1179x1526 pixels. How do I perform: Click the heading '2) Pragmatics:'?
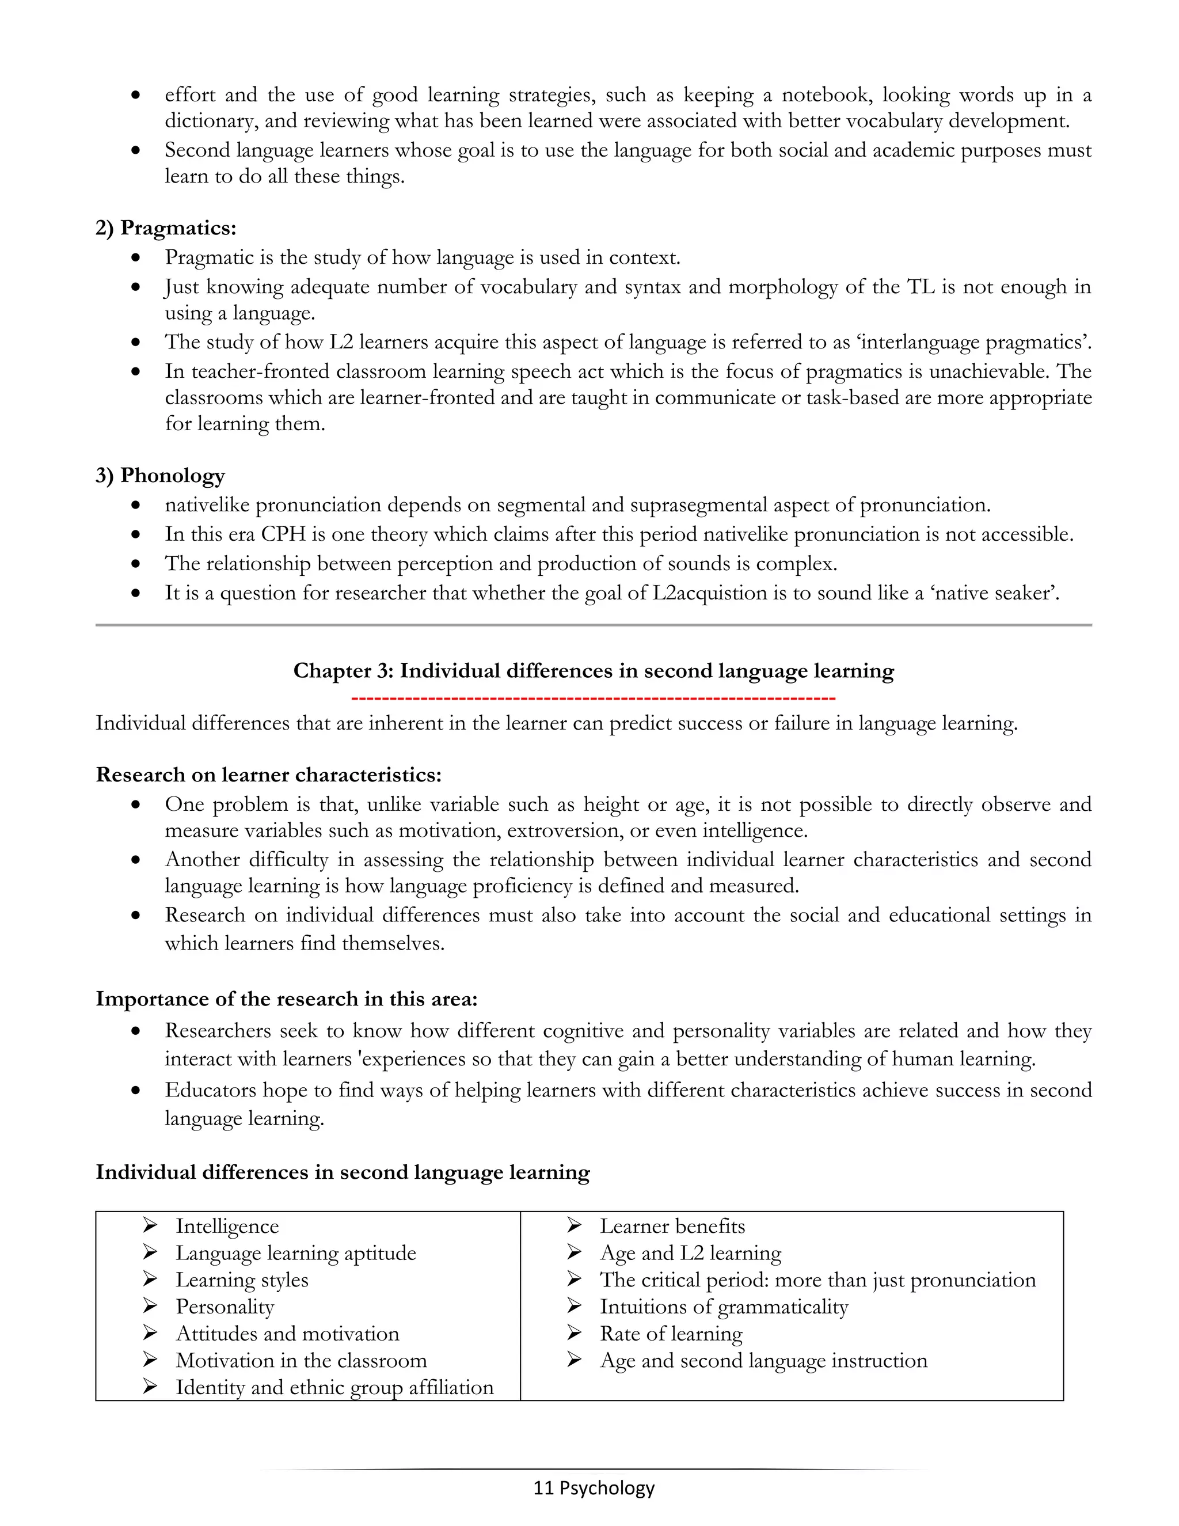[166, 228]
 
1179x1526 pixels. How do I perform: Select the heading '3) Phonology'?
[160, 475]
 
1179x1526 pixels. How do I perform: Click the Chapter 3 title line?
[593, 671]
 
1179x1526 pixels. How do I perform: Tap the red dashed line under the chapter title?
[593, 698]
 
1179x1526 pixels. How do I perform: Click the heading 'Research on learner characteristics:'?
[268, 775]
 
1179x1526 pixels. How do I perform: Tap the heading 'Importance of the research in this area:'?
[286, 999]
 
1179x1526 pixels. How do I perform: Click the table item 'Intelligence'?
[227, 1226]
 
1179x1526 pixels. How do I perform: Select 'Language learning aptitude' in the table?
[295, 1254]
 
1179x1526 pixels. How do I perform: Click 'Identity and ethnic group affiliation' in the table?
[334, 1387]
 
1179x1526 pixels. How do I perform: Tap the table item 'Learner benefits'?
[672, 1226]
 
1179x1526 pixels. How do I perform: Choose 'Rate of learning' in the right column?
[671, 1334]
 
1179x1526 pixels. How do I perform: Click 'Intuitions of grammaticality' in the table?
[724, 1307]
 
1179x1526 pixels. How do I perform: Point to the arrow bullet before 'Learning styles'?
[150, 1280]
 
